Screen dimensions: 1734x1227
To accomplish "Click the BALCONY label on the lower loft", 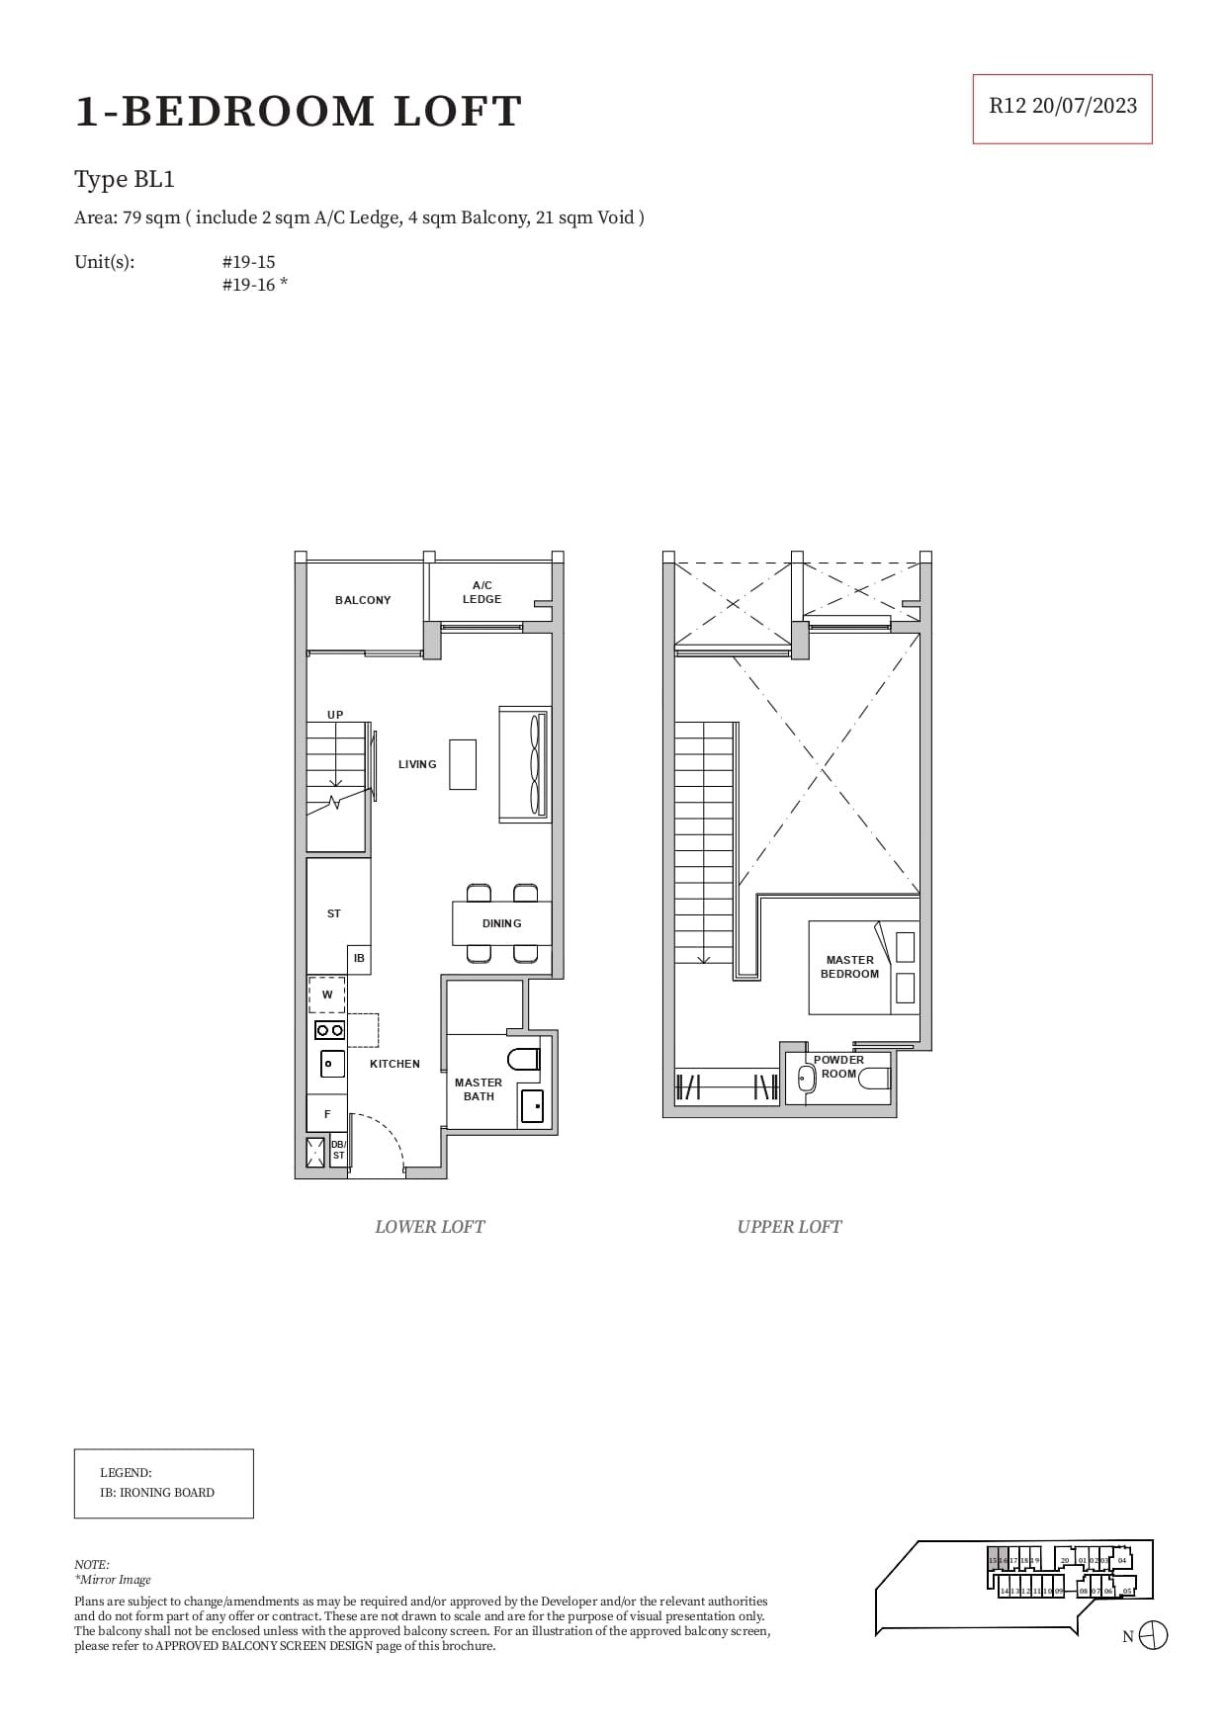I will coord(362,600).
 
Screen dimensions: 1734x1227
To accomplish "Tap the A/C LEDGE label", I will coord(482,592).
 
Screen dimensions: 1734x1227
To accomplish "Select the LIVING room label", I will coord(417,764).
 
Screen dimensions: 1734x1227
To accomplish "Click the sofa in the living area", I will coord(525,764).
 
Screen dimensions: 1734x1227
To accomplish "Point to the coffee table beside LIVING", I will coord(462,764).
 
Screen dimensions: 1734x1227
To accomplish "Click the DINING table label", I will coord(501,923).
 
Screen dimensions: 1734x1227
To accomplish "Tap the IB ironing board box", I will coord(359,958).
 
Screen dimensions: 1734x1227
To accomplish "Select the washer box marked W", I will coord(327,995).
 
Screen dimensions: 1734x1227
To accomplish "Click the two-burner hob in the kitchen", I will coord(329,1030).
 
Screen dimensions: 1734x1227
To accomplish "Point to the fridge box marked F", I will coord(327,1114).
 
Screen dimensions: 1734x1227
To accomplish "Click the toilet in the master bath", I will coord(523,1060).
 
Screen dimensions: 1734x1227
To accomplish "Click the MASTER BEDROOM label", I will coord(849,967).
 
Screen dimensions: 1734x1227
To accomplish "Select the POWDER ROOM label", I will coord(838,1066).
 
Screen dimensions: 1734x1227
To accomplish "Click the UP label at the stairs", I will coord(335,715).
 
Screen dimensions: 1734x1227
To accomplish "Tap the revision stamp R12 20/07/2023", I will coord(1063,107).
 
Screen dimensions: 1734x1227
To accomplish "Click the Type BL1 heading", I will coord(125,179).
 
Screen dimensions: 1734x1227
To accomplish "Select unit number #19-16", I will coord(254,286).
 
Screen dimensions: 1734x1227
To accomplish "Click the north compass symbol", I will coord(1153,1635).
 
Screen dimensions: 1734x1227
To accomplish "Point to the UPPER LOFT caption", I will coord(789,1227).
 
